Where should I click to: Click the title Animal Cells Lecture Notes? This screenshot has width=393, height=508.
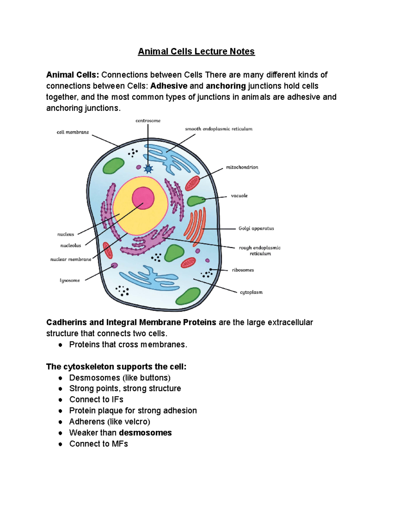point(196,51)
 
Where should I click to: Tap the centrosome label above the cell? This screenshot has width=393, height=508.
point(148,121)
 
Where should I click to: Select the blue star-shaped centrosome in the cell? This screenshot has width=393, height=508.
point(148,169)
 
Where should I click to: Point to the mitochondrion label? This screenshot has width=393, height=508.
point(242,167)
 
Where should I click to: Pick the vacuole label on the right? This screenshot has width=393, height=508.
point(239,196)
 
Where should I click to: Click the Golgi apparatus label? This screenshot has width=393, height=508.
point(256,228)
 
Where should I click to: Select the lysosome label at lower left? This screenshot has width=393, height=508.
point(70,280)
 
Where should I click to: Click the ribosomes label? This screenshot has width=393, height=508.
point(243,270)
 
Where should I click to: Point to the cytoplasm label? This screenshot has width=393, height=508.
point(251,292)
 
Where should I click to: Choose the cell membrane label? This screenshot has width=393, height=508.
point(73,132)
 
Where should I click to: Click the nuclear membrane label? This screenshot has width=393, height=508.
point(71,259)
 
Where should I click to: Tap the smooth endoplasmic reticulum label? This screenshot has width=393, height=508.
point(219,129)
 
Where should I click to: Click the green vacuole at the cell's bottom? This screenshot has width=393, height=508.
point(188,296)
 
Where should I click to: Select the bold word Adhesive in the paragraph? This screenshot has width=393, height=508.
point(169,86)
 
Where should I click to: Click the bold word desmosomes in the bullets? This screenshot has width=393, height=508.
point(145,433)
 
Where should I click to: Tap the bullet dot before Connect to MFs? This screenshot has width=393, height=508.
point(60,444)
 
